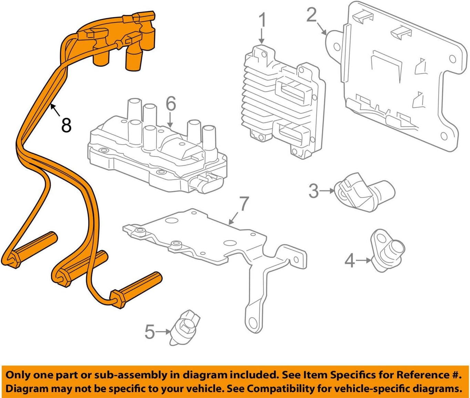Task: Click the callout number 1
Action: point(263,21)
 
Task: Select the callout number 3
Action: point(314,191)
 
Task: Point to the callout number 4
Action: point(350,260)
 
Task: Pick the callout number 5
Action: point(150,332)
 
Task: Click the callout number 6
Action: point(171,103)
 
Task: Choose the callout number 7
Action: point(244,203)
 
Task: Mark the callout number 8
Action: point(67,125)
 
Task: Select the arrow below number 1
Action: point(262,37)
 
